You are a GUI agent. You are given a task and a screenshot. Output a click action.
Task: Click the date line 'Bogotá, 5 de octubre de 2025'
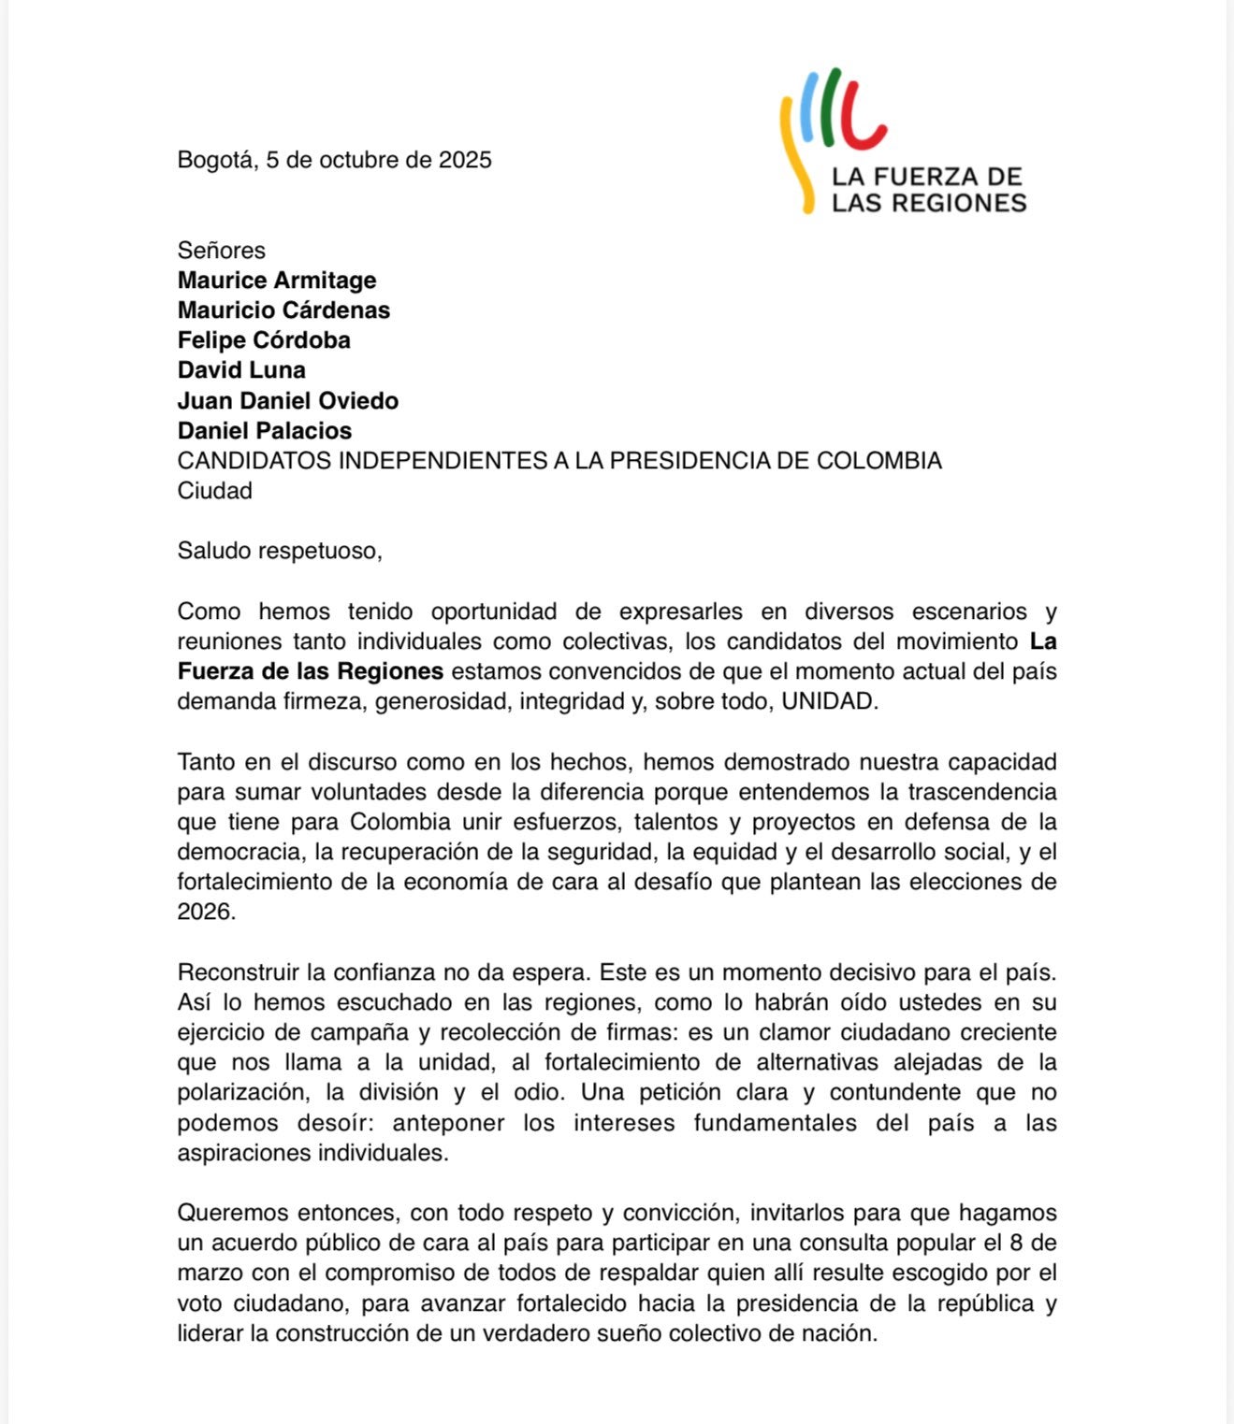point(334,160)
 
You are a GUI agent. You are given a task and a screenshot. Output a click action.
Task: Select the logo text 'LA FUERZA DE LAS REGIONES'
point(928,190)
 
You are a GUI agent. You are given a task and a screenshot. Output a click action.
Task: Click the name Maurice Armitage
point(277,280)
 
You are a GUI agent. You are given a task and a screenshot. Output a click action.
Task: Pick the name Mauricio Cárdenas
point(283,310)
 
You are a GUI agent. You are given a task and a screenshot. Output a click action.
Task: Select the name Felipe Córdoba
point(264,340)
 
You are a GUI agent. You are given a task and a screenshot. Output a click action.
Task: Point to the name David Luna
point(241,370)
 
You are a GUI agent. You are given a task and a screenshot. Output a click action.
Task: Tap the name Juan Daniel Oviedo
point(288,401)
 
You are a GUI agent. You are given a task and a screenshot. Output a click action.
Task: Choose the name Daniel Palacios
point(265,431)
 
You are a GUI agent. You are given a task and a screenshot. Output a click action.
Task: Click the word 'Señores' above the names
point(221,251)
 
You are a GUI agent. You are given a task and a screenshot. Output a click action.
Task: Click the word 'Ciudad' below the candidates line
point(214,491)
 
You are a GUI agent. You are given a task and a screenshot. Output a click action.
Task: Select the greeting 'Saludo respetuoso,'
point(280,551)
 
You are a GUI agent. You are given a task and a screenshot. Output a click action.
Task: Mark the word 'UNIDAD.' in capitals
point(830,701)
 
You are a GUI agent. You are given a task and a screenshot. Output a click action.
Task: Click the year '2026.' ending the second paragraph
point(206,912)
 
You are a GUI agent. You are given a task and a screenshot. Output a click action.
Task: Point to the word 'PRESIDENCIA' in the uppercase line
point(665,461)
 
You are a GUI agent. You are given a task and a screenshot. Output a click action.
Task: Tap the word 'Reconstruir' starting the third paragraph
point(238,972)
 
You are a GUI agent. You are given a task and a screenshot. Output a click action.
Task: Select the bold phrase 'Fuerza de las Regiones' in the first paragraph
point(310,671)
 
